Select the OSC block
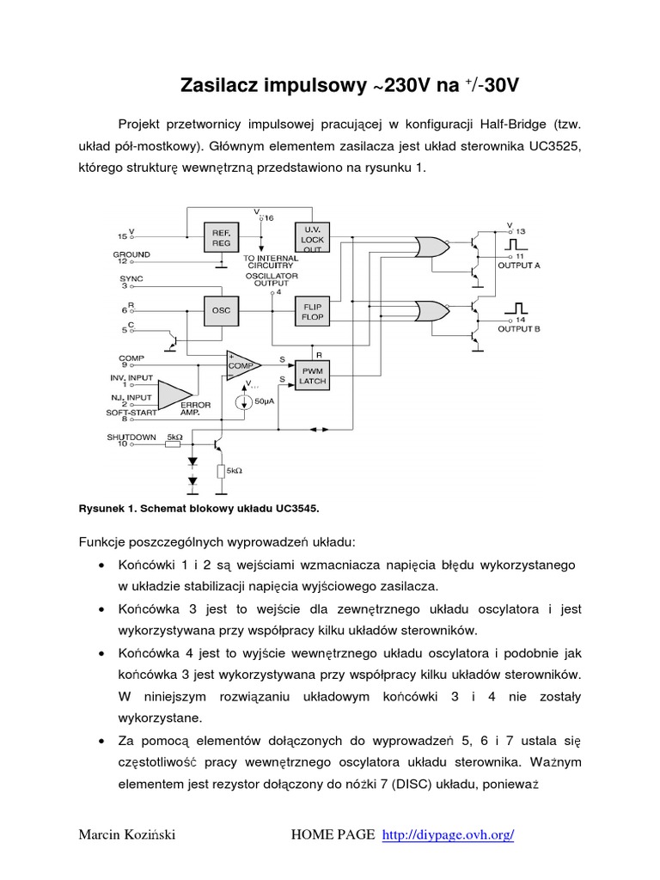pyautogui.click(x=221, y=309)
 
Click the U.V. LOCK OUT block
pyautogui.click(x=310, y=238)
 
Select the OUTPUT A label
pyautogui.click(x=519, y=266)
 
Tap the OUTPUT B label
pyautogui.click(x=519, y=328)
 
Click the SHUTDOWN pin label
pyautogui.click(x=131, y=437)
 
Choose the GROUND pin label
pyautogui.click(x=131, y=254)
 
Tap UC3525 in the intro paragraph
pyautogui.click(x=553, y=146)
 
